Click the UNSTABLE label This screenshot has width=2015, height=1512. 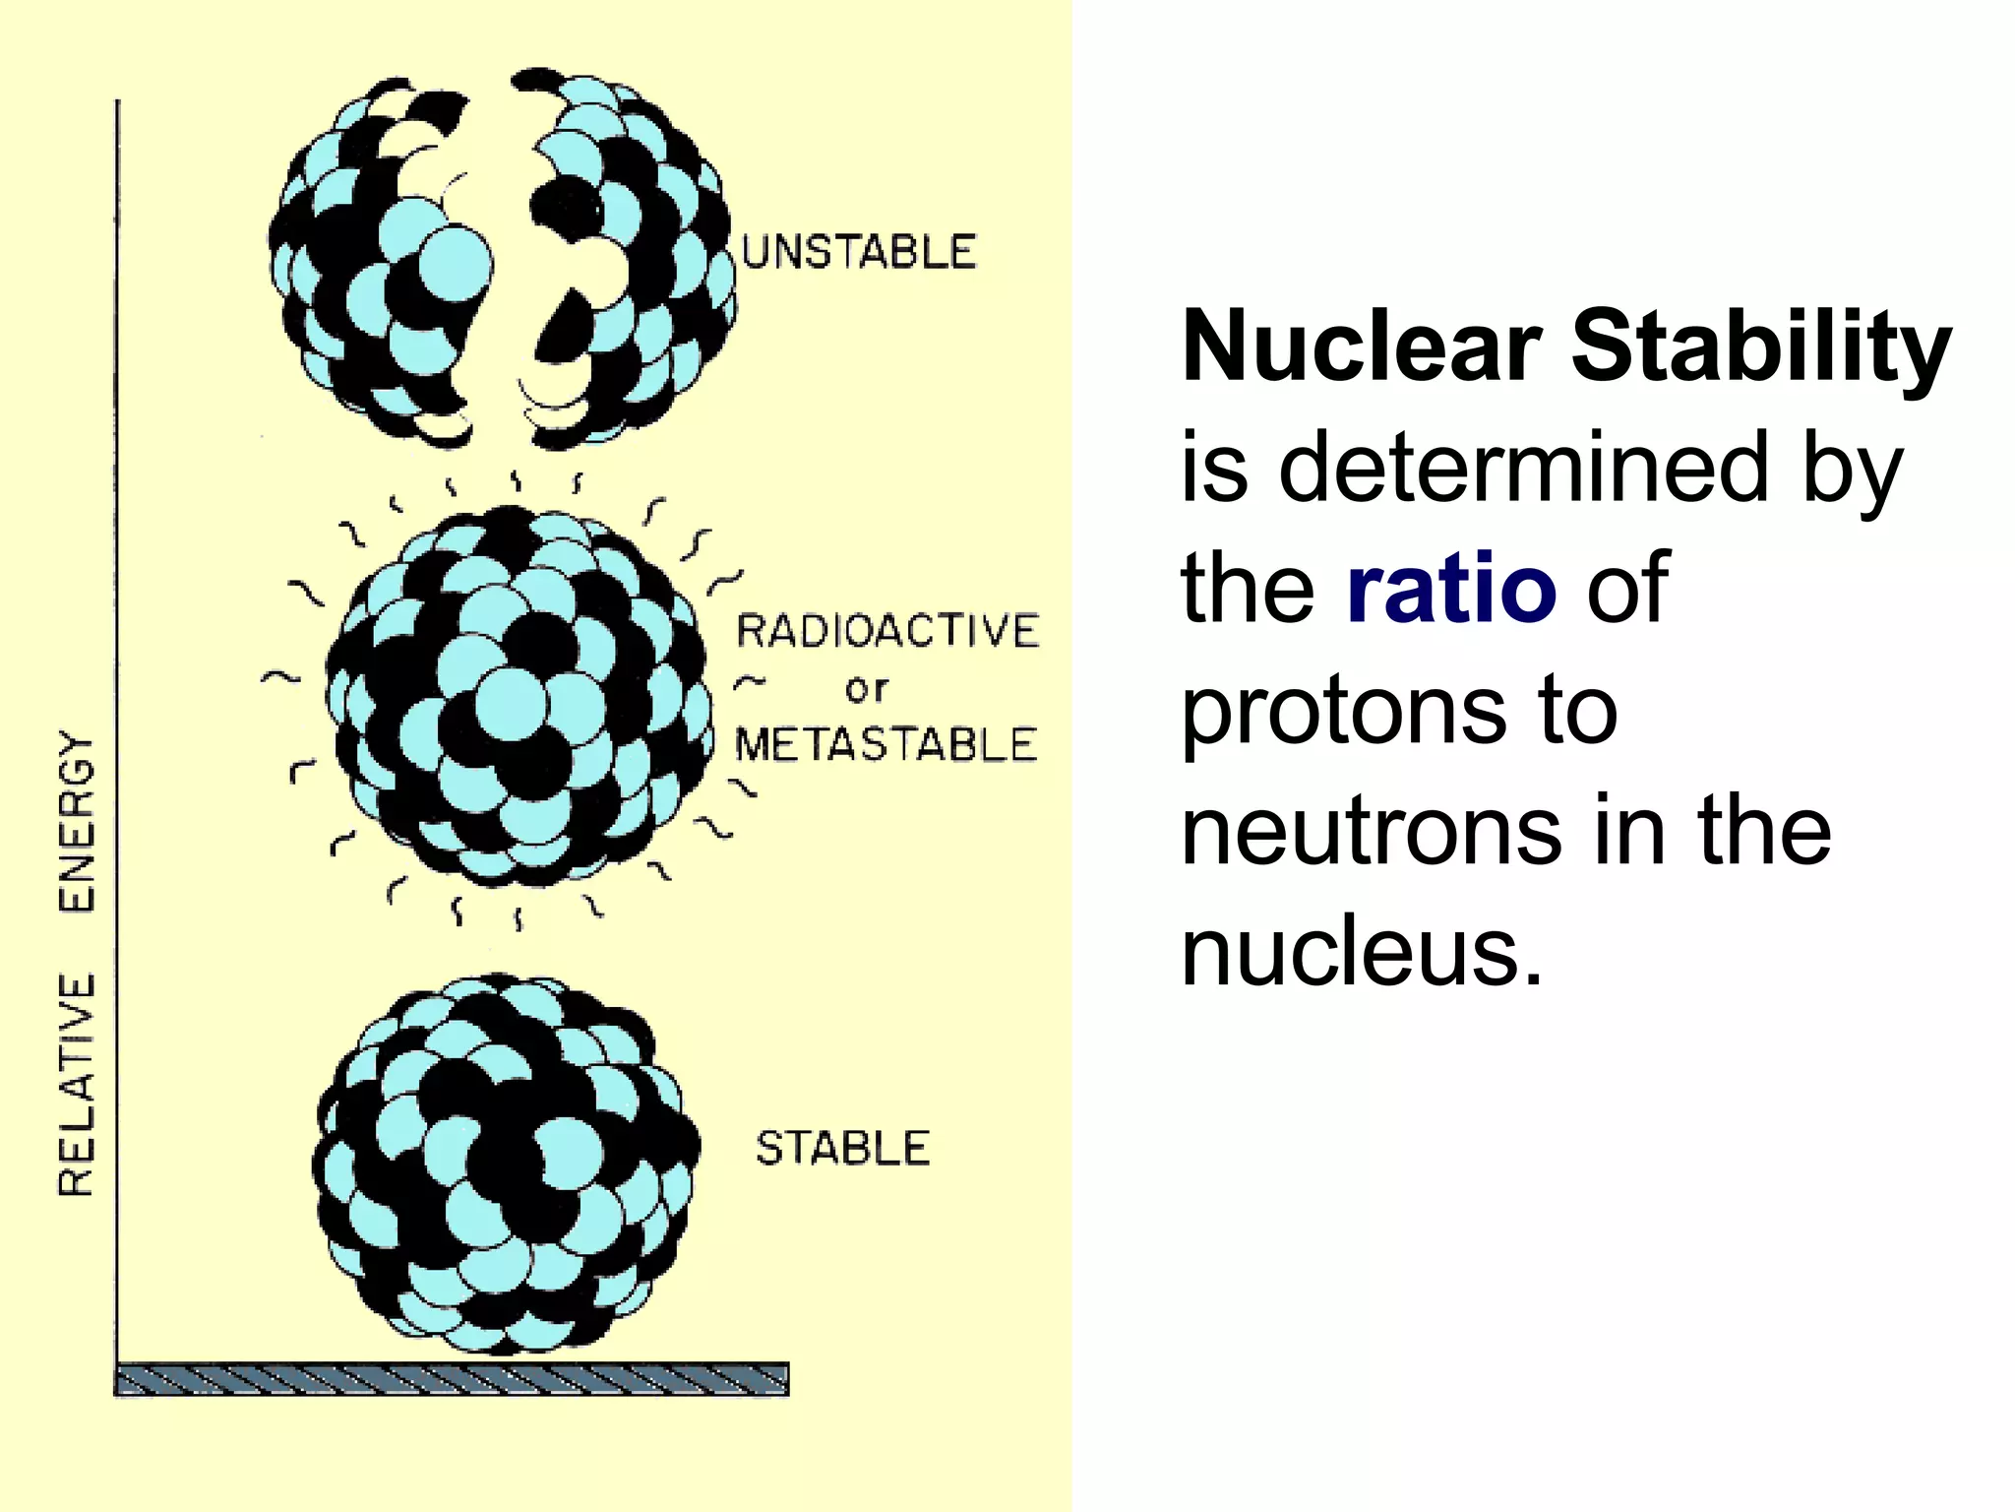coord(858,253)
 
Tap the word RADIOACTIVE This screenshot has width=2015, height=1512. coord(887,631)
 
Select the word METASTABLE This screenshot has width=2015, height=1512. coord(885,745)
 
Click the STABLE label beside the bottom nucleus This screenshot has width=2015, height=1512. coord(842,1149)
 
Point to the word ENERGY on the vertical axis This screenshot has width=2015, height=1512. coord(78,821)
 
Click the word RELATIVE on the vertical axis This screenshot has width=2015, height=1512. coord(78,1084)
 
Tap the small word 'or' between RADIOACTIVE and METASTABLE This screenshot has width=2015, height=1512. coord(866,689)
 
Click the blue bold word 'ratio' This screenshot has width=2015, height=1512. coord(1451,589)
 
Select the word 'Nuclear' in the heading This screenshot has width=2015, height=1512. coord(1362,346)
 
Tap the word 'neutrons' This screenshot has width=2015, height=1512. coord(1372,832)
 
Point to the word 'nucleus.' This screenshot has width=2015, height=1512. coord(1362,953)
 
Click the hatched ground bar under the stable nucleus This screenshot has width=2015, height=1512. coord(452,1378)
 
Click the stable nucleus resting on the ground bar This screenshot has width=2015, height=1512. coord(507,1162)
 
